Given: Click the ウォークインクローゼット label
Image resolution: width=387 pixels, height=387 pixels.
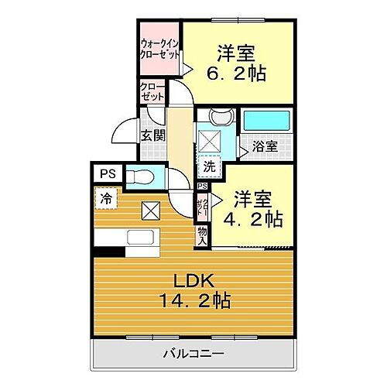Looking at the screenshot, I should click(161, 50).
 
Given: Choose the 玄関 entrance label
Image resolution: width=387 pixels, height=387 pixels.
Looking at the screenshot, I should click(151, 133).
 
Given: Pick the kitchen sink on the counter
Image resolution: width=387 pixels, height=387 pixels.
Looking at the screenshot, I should click(139, 237).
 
